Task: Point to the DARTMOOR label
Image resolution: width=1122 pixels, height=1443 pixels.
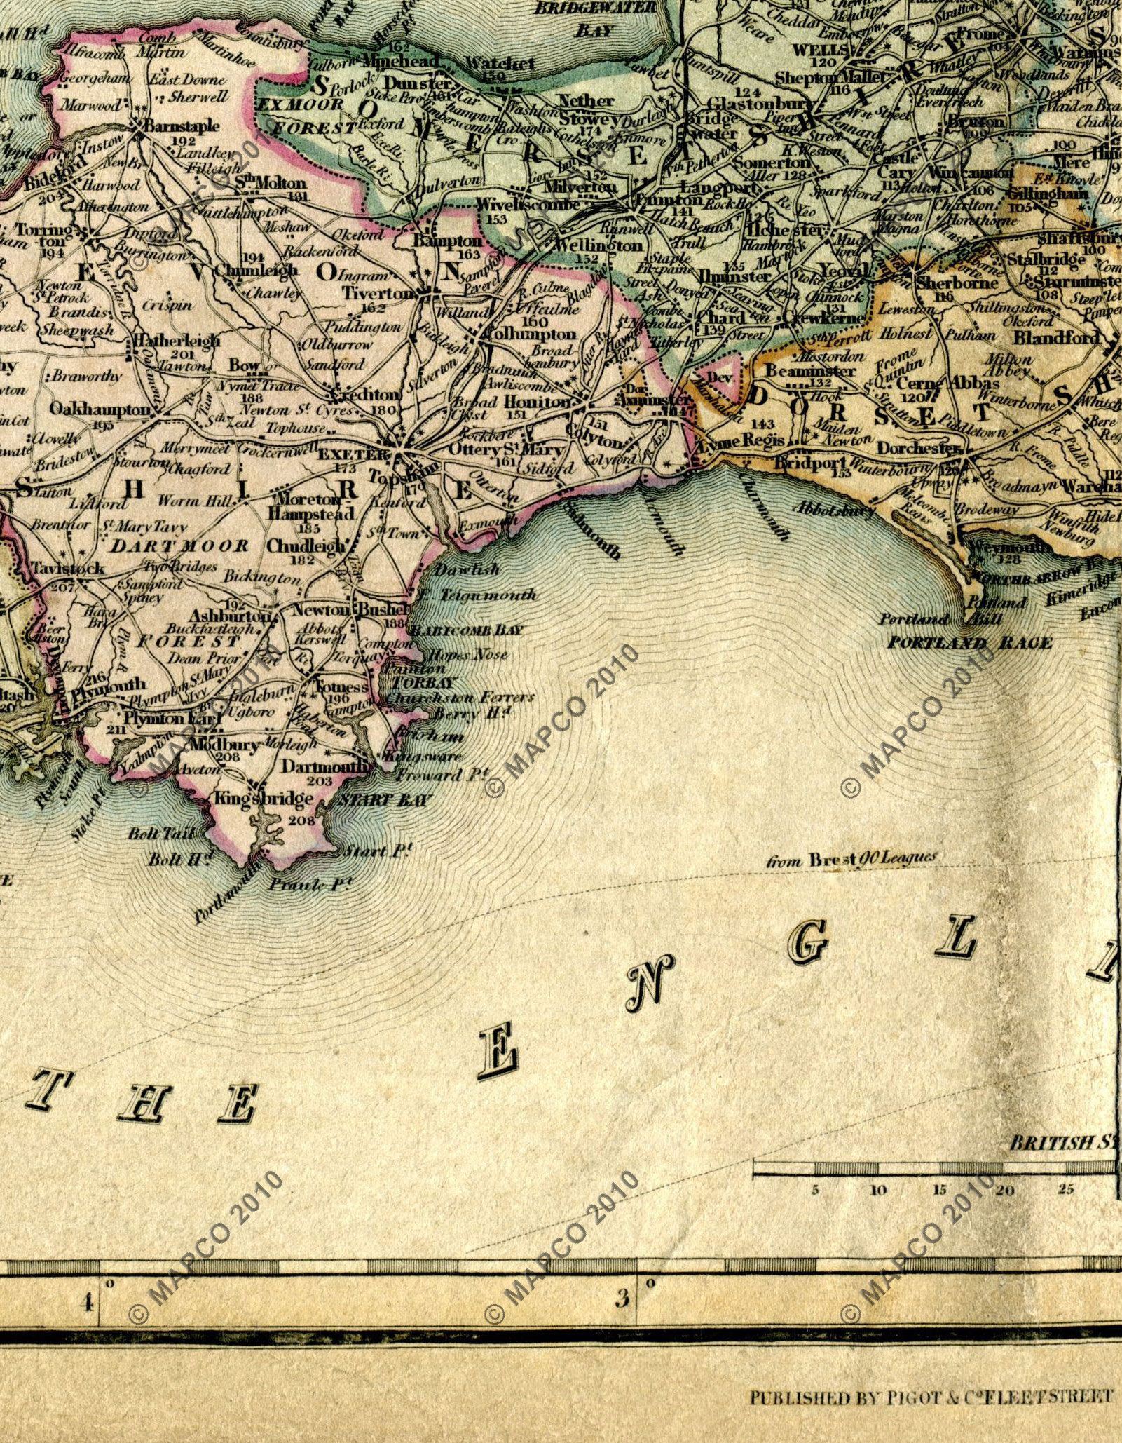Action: point(180,546)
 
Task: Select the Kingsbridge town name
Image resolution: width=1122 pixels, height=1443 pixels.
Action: point(253,799)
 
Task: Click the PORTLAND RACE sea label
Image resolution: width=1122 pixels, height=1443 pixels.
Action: point(969,643)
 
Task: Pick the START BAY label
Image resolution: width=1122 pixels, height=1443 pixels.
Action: point(385,800)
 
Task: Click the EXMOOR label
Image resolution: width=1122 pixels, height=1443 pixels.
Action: point(299,105)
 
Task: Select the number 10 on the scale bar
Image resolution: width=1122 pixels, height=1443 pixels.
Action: point(877,1189)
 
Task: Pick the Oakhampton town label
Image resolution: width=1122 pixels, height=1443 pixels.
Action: point(100,409)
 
